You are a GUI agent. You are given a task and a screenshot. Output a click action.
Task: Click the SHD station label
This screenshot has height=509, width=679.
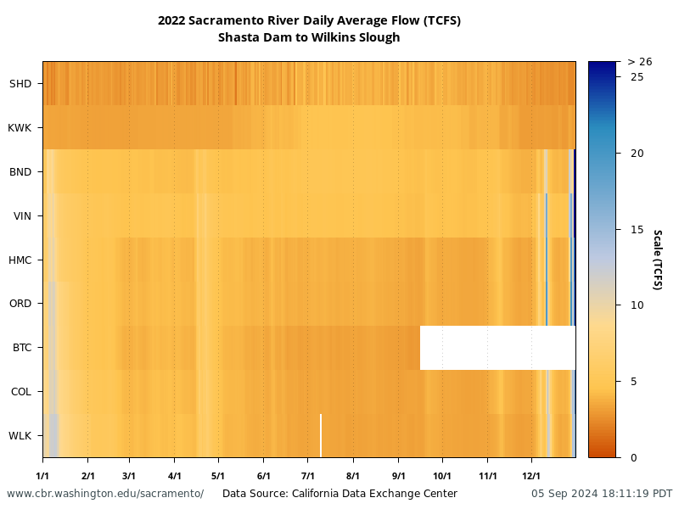[x=20, y=84]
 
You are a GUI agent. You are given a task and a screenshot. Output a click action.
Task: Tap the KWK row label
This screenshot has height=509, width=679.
[x=20, y=128]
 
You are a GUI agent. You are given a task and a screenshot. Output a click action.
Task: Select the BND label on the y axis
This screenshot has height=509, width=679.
[x=20, y=172]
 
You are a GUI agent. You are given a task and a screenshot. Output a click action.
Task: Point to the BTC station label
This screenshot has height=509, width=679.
[x=21, y=348]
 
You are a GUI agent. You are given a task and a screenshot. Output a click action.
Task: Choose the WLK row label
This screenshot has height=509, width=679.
[x=20, y=436]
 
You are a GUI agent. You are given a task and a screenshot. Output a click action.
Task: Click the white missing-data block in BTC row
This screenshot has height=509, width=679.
[x=497, y=348]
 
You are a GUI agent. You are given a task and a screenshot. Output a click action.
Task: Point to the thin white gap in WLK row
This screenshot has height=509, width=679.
[x=320, y=435]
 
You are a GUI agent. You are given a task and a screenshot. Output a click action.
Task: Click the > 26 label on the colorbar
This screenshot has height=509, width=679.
[x=639, y=62]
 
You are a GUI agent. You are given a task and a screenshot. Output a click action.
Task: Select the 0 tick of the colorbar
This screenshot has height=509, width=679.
[x=633, y=457]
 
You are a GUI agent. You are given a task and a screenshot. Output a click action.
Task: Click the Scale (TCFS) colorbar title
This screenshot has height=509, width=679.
[x=657, y=260]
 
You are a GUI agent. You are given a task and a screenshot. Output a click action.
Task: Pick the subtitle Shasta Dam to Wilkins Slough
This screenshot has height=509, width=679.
[x=309, y=37]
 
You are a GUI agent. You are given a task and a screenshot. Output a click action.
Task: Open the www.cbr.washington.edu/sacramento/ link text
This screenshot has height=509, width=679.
[x=105, y=494]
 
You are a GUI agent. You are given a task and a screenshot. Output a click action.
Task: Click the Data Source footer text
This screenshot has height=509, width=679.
[x=339, y=494]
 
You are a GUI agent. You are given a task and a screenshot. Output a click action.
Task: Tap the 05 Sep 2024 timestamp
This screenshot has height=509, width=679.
[x=602, y=494]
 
